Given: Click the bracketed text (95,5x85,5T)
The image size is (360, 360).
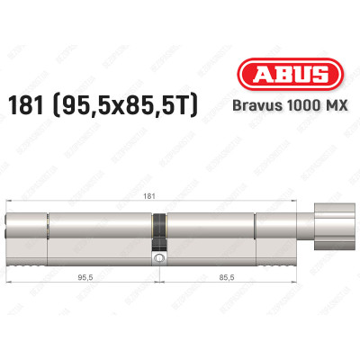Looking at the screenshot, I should (x=133, y=106).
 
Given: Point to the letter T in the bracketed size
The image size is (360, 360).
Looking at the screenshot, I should (x=194, y=106).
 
